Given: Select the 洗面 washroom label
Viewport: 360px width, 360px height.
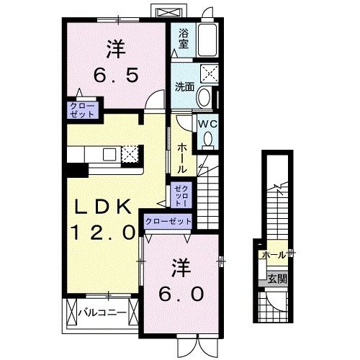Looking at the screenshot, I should pos(184,87).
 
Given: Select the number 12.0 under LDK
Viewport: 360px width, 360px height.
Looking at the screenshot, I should pos(102,232).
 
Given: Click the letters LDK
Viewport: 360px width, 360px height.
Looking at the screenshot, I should pos(104,207).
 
